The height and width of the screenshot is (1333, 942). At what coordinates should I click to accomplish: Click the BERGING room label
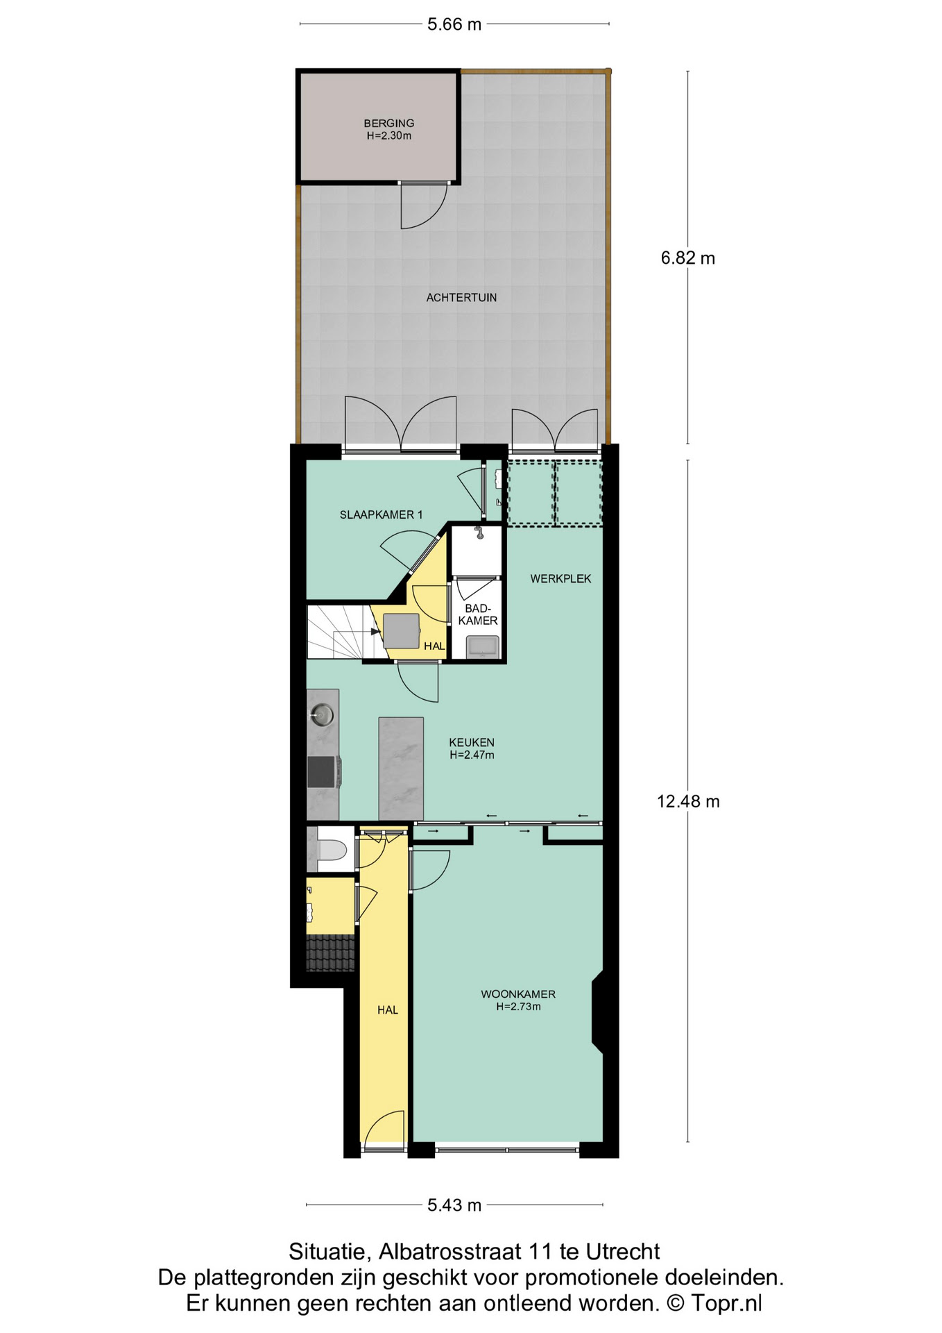pos(389,124)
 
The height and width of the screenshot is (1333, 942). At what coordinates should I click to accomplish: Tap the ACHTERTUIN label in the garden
pos(461,298)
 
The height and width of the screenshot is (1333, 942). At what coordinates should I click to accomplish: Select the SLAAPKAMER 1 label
pos(381,515)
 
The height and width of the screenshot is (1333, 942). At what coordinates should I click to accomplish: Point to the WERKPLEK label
pos(560,579)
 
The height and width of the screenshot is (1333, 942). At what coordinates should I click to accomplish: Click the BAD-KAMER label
pos(478,615)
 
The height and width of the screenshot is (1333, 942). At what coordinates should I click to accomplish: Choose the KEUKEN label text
pos(472,743)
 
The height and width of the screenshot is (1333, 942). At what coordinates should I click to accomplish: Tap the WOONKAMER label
pos(518,994)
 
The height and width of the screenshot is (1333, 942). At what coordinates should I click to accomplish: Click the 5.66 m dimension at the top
pos(454,24)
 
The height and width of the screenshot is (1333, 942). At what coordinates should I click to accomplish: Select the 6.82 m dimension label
pos(687,258)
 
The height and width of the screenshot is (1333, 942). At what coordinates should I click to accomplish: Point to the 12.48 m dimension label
pos(688,802)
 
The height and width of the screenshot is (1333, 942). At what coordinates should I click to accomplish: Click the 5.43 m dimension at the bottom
pos(454,1205)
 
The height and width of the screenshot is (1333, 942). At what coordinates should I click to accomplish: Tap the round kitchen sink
pos(322,713)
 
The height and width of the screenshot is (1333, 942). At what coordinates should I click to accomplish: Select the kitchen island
pos(401,769)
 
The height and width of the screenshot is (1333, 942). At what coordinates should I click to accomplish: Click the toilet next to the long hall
pos(332,850)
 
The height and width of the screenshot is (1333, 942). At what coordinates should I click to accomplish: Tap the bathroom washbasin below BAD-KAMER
pos(483,646)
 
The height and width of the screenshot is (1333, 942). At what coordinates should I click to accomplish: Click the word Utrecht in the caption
pos(623,1252)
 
